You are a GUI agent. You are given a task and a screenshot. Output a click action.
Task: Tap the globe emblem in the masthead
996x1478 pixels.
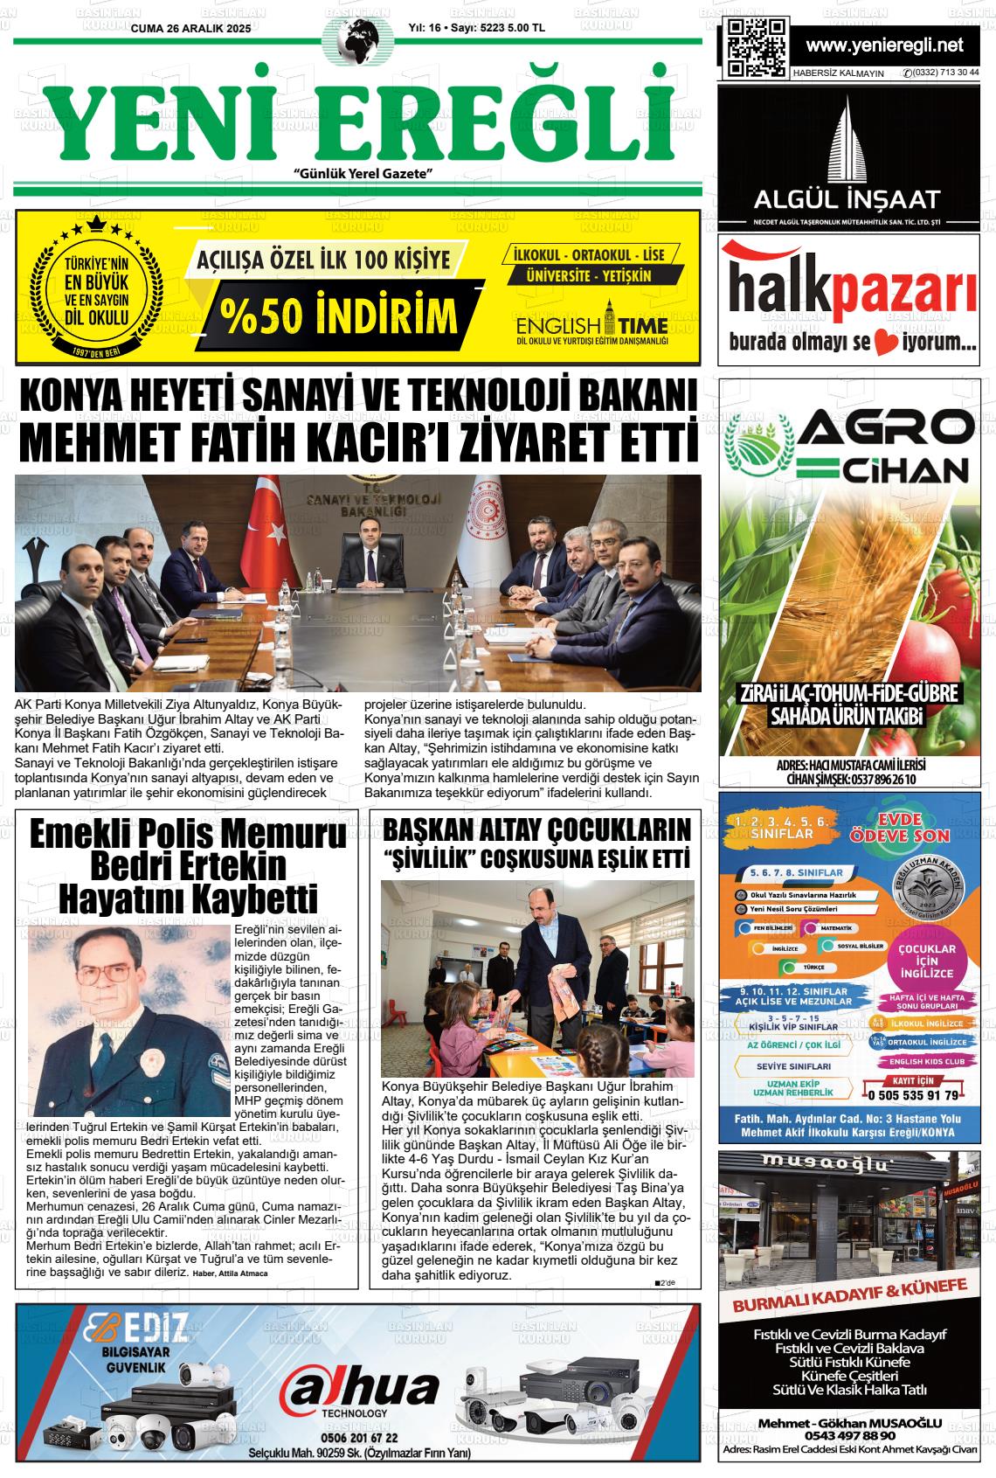click(x=357, y=41)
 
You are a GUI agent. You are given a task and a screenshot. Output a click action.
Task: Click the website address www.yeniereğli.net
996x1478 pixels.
click(x=884, y=45)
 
